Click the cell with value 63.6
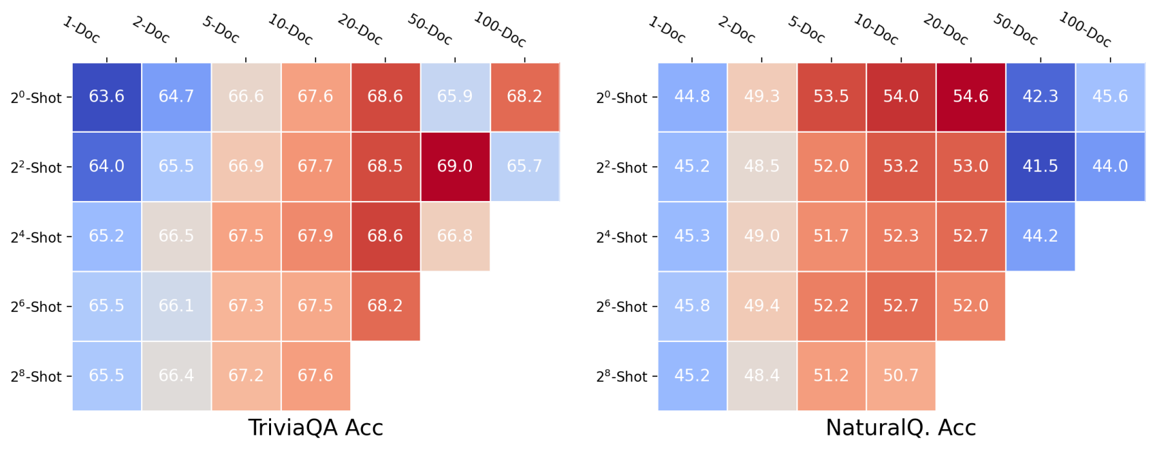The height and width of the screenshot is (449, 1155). (106, 97)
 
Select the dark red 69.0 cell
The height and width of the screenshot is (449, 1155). (455, 166)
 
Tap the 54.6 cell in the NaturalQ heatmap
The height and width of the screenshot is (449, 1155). (970, 97)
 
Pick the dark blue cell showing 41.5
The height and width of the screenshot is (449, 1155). (1040, 166)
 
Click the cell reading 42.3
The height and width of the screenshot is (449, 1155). (1040, 97)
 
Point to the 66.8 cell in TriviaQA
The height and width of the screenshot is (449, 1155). (455, 236)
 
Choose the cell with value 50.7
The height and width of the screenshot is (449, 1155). (901, 376)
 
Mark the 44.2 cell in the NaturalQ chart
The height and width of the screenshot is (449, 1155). (1040, 236)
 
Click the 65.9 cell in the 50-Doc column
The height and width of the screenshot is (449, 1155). (455, 97)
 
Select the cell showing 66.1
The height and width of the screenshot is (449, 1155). (176, 306)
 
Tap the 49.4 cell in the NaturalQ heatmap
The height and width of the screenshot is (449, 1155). (762, 306)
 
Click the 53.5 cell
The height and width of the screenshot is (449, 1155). (831, 97)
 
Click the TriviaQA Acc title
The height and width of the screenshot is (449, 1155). (315, 428)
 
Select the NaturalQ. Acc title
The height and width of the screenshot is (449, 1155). (901, 428)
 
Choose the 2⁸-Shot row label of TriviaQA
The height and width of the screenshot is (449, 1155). (36, 376)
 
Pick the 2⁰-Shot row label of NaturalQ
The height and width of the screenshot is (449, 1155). (621, 98)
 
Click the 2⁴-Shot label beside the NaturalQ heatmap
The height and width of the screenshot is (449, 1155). (621, 237)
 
